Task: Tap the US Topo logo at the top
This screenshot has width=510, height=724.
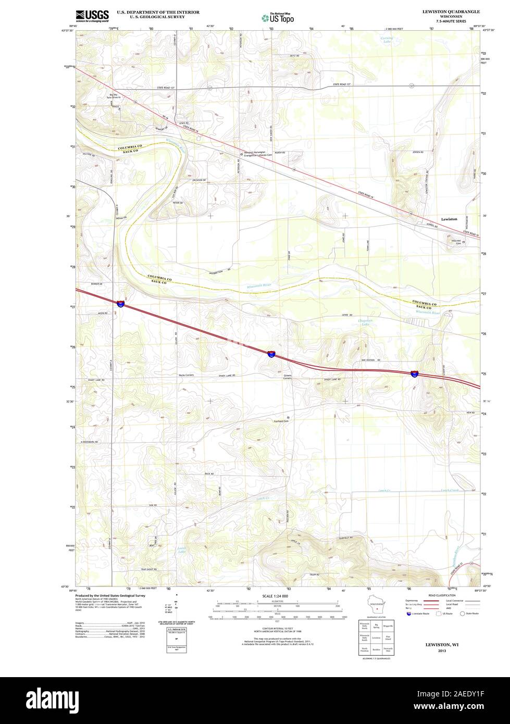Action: (278, 18)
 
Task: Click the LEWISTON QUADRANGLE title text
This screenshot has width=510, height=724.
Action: (451, 11)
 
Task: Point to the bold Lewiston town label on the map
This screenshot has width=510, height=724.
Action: (449, 219)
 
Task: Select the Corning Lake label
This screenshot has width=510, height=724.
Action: (387, 40)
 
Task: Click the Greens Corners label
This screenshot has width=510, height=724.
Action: (288, 377)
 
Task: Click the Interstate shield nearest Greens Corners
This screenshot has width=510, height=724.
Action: (271, 354)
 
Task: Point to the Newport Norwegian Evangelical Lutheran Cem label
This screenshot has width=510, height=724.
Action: (258, 154)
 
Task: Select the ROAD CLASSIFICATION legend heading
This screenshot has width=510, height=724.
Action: (442, 595)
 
